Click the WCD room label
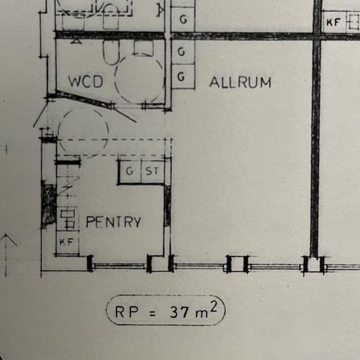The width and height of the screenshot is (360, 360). tap(86, 82)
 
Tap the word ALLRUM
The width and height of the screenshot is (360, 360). tap(240, 82)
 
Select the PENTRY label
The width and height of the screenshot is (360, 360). tap(113, 222)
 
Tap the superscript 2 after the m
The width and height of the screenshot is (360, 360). tap(213, 306)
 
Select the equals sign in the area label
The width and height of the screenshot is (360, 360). tap(153, 314)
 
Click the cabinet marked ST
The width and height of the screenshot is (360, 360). tap(153, 171)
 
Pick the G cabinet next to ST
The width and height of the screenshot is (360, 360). tap(130, 171)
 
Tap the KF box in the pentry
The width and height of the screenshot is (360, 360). tap(67, 242)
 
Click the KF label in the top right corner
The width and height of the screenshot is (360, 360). tap(333, 22)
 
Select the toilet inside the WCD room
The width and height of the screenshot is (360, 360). tap(111, 52)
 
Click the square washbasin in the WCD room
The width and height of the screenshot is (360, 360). tap(143, 48)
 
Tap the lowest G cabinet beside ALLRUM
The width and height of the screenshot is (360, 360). tap(183, 77)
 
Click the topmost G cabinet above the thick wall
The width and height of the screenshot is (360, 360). tap(183, 19)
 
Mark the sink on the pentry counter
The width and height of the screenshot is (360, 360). tap(67, 219)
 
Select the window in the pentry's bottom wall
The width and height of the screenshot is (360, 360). tap(119, 266)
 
